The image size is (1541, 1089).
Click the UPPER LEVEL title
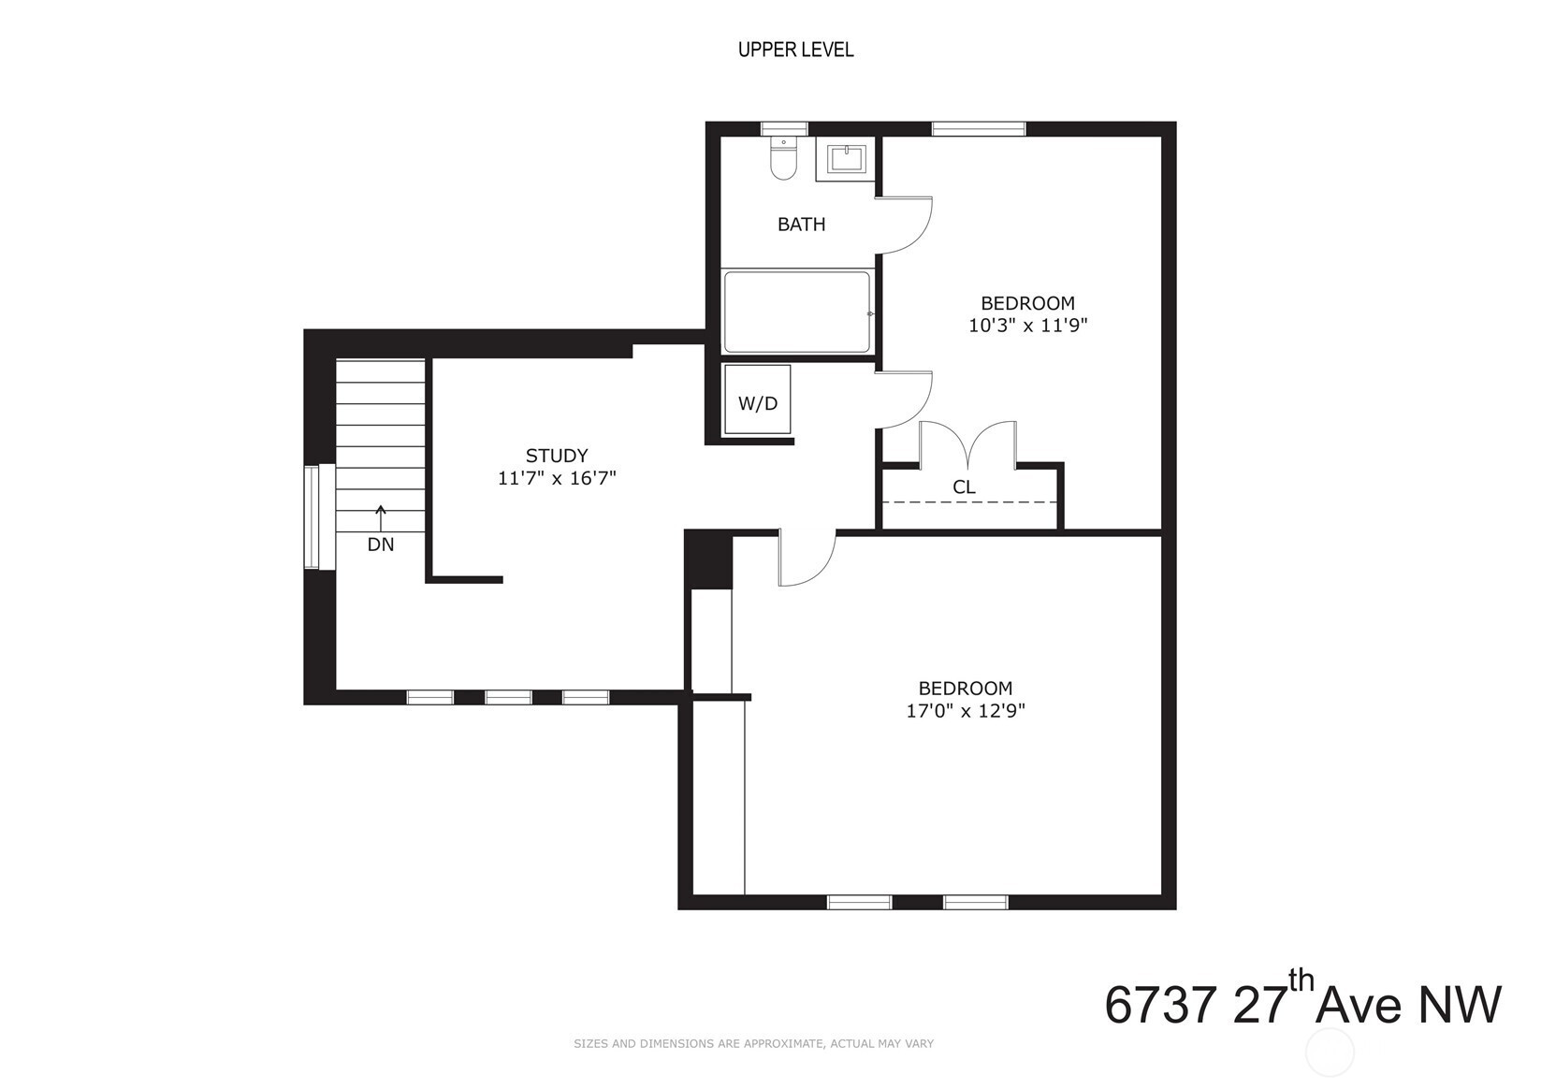click(795, 50)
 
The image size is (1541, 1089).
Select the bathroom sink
click(845, 159)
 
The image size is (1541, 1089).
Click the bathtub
click(796, 312)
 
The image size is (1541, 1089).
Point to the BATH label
click(802, 225)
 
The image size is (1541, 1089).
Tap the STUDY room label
click(557, 456)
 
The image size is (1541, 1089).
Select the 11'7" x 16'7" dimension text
click(557, 478)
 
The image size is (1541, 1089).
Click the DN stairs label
click(381, 544)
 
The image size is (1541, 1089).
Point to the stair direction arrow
click(381, 518)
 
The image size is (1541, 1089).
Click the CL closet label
click(964, 487)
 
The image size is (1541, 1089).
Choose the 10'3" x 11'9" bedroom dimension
click(1027, 326)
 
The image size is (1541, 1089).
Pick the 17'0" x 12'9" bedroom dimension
click(966, 711)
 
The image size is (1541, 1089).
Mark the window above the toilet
click(783, 129)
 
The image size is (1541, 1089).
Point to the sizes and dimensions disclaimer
click(753, 1043)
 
